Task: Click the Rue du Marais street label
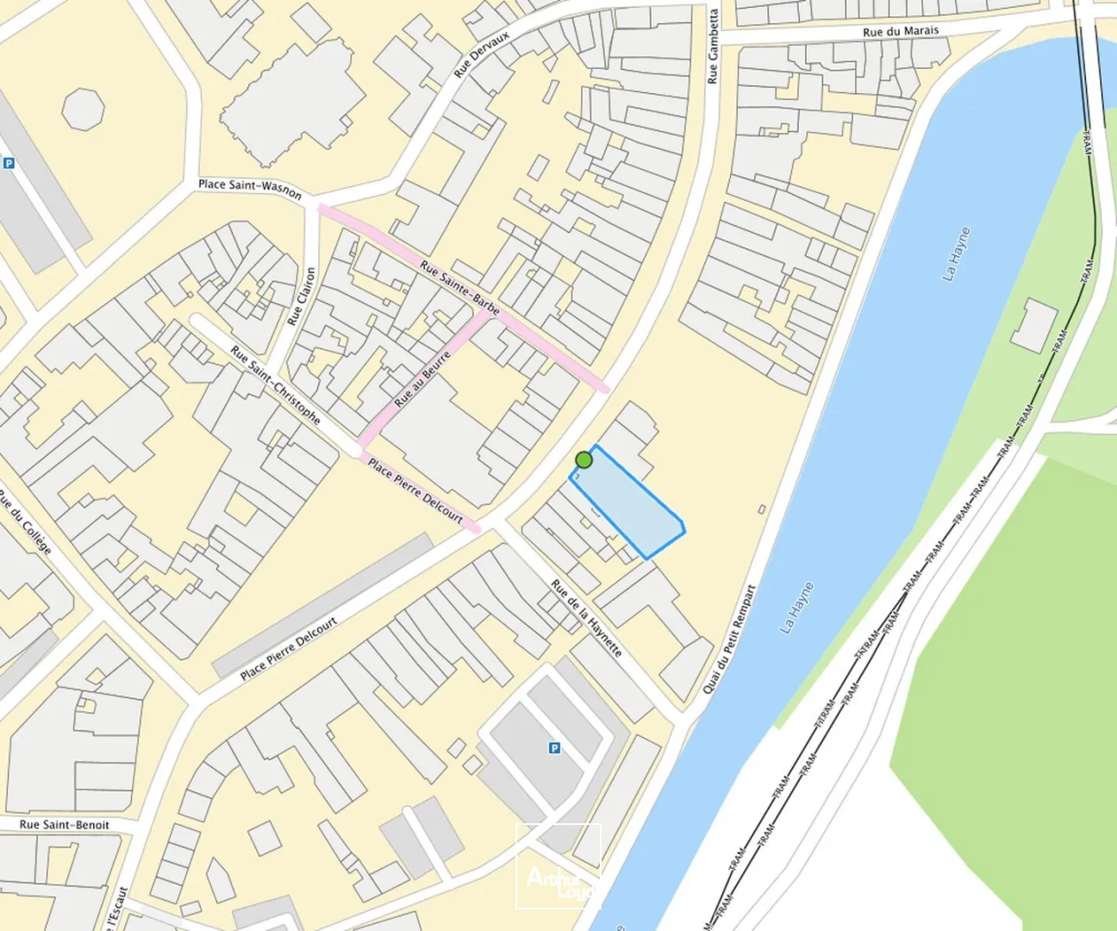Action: point(900,31)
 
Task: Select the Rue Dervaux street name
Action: point(482,54)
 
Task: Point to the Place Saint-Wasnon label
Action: point(250,188)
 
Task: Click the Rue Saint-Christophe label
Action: point(276,385)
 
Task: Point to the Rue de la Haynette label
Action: point(586,618)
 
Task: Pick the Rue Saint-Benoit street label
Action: point(65,825)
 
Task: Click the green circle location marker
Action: point(583,459)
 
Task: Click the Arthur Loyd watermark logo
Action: point(558,866)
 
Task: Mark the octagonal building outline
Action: point(84,109)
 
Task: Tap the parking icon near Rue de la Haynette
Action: point(554,748)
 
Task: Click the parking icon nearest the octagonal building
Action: point(9,163)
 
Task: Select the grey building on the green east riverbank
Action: point(1033,325)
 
